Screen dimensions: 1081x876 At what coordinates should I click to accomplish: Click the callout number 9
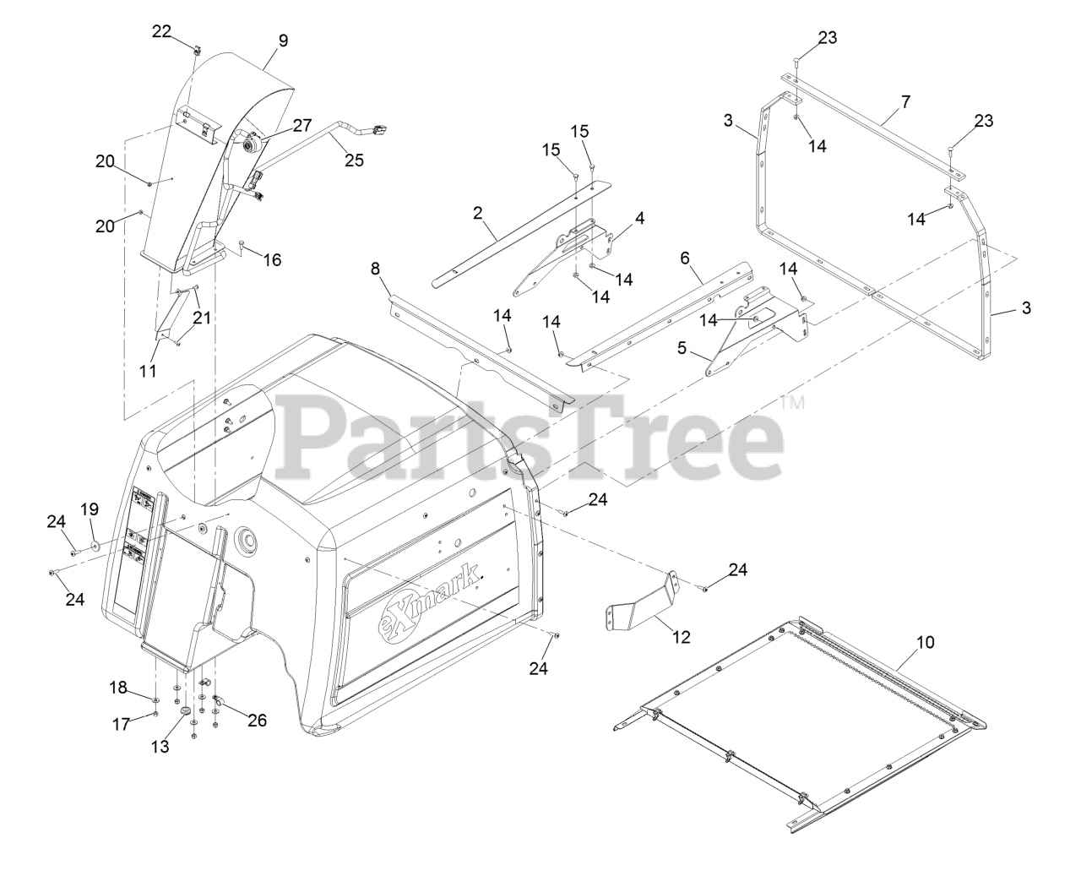pyautogui.click(x=283, y=40)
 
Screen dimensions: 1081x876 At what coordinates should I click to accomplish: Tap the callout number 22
pyautogui.click(x=161, y=31)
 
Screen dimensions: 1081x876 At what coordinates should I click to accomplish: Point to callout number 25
pyautogui.click(x=354, y=160)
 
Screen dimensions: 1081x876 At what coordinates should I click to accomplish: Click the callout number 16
pyautogui.click(x=271, y=259)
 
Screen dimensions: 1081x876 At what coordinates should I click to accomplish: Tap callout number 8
pyautogui.click(x=376, y=269)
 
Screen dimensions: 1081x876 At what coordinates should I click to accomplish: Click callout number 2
pyautogui.click(x=478, y=213)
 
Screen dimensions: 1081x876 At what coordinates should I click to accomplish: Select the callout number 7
pyautogui.click(x=905, y=101)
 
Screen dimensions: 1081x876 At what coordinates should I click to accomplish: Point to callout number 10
pyautogui.click(x=926, y=642)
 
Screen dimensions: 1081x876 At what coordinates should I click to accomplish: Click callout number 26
pyautogui.click(x=257, y=720)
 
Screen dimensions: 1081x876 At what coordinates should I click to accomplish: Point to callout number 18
pyautogui.click(x=119, y=688)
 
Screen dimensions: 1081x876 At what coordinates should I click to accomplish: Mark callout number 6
pyautogui.click(x=685, y=255)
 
